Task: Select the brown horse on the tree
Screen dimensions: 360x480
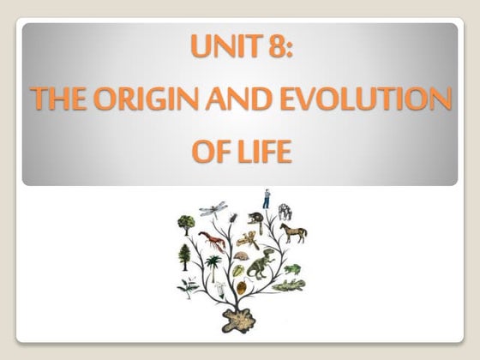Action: [x=293, y=232]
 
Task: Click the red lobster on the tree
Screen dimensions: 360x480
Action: [x=210, y=239]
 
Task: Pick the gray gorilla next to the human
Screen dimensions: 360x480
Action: [x=285, y=209]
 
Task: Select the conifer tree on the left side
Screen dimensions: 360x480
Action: [x=183, y=254]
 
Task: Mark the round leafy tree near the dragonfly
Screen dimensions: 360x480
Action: [x=185, y=225]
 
